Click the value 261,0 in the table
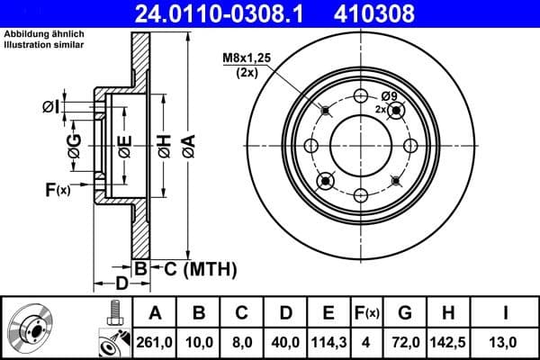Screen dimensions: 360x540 point(155,342)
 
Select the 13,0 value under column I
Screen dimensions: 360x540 point(508,342)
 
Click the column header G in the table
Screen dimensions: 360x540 point(405,313)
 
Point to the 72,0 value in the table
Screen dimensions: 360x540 point(405,342)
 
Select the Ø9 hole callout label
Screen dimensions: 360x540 point(389,96)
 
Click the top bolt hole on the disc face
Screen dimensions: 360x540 point(361,97)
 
